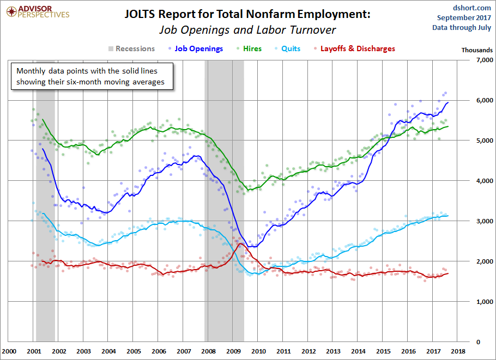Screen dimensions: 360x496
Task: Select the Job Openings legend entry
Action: pos(198,48)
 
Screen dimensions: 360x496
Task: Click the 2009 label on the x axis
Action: pos(233,352)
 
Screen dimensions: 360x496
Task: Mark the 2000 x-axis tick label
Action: pos(9,352)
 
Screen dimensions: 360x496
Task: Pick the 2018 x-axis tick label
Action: pos(457,352)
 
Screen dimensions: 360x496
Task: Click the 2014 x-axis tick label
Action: pos(358,352)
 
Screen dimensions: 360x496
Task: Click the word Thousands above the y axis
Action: pos(477,50)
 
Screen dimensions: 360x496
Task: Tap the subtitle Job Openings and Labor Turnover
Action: pos(247,30)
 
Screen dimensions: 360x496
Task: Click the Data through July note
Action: pos(462,27)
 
